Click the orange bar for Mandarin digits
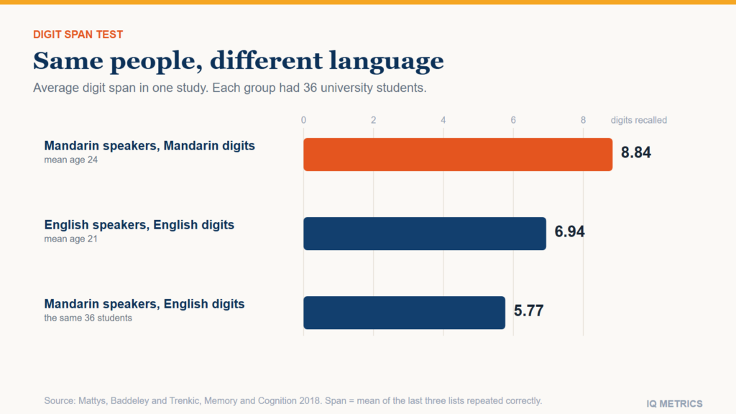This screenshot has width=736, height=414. point(458,155)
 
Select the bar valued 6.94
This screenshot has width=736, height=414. point(425,234)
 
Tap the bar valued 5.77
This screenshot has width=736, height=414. point(404,313)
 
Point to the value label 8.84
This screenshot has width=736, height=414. point(635,152)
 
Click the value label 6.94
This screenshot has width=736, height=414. point(569,231)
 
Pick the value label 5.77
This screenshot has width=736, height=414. point(528,310)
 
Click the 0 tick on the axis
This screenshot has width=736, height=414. point(304,120)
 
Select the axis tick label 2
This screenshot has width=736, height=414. point(373,120)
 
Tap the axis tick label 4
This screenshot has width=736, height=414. point(443,120)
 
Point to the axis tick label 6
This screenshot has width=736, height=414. point(513,120)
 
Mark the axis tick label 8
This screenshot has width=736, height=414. point(583,120)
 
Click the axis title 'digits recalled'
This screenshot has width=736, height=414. point(638,120)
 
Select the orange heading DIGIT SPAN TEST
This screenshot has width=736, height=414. point(78,34)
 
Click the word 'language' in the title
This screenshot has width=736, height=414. point(386,62)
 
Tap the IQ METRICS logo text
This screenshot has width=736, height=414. point(674,404)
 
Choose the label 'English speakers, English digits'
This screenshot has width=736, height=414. point(139,225)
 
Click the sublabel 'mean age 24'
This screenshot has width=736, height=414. point(71,160)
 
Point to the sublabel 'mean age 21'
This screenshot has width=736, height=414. point(71,239)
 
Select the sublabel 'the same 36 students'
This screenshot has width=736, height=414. point(88,318)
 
